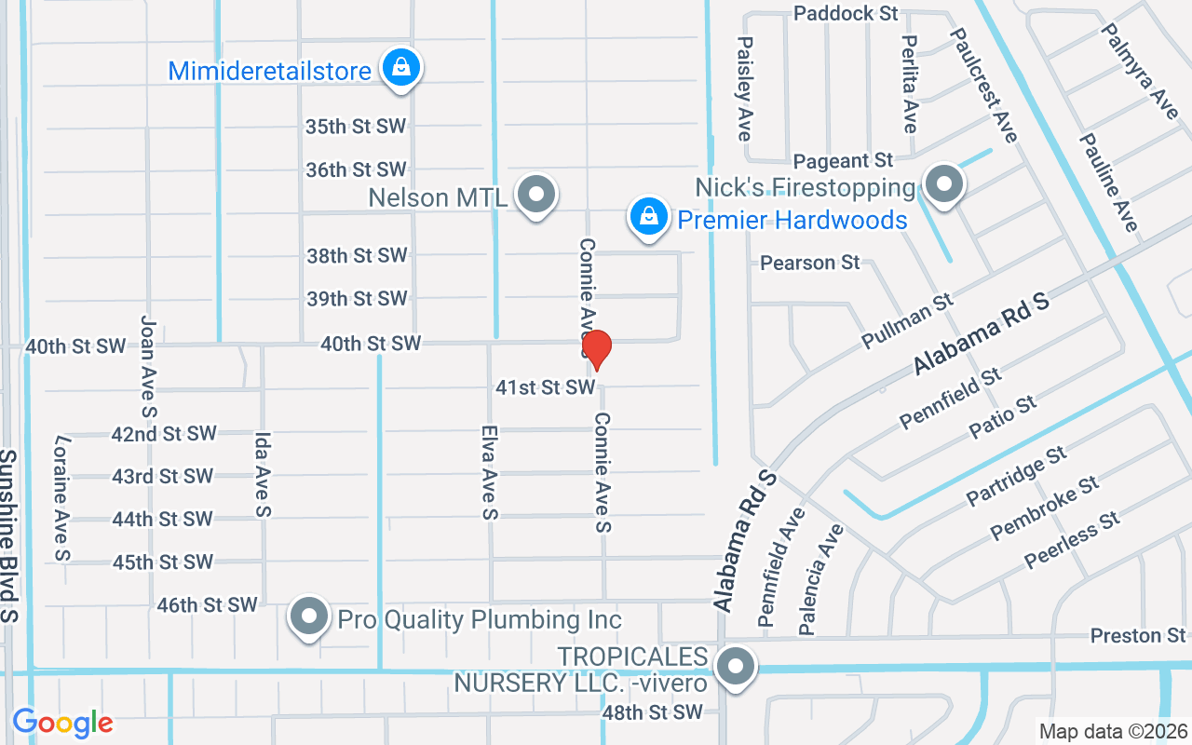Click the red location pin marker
[x=596, y=349]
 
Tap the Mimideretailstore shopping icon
[x=400, y=68]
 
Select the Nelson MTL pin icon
[x=536, y=195]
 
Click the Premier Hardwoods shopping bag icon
[x=649, y=218]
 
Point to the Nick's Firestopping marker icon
[x=944, y=183]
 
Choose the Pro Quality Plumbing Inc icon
[x=309, y=616]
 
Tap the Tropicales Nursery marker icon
[x=736, y=667]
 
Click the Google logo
[x=62, y=723]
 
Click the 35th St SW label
[x=356, y=127]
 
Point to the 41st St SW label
[x=545, y=386]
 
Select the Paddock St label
[x=846, y=13]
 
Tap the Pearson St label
[x=810, y=263]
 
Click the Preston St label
[x=1138, y=636]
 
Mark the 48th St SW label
[x=652, y=712]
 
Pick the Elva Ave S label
[x=490, y=472]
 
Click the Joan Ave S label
[x=148, y=365]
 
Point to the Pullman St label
[x=908, y=319]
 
